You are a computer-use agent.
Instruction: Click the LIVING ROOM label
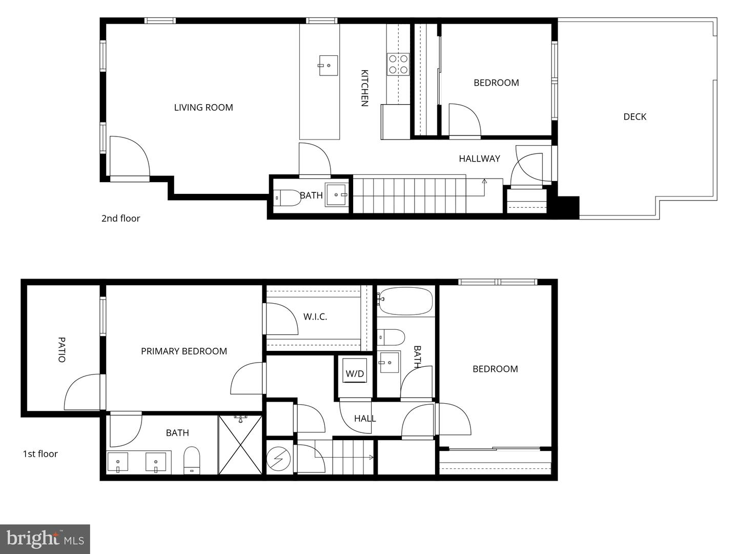coord(203,108)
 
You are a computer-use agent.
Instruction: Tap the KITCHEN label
coord(364,88)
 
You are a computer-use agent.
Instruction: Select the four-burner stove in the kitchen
coord(398,64)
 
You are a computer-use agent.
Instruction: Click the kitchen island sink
coord(328,65)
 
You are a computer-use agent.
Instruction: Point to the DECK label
coord(634,117)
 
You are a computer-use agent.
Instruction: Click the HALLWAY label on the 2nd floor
coord(479,159)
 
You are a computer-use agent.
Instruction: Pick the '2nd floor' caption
coord(120,219)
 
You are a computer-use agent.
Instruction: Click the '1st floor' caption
coord(40,454)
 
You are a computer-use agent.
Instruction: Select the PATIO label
coord(61,349)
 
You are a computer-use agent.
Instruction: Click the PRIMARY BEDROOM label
coord(184,351)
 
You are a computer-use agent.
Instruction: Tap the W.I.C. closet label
coord(315,317)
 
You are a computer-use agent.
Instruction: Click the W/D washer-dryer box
coord(355,373)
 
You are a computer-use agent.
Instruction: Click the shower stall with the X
coord(240,444)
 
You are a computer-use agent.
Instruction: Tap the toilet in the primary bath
coord(192,460)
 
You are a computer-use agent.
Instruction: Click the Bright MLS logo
coord(45,539)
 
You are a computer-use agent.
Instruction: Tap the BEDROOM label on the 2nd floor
coord(496,83)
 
